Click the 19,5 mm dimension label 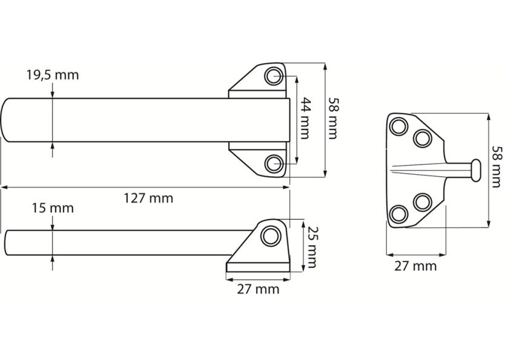pyautogui.click(x=52, y=76)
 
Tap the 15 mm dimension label pyautogui.click(x=52, y=208)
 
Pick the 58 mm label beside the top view pyautogui.click(x=332, y=118)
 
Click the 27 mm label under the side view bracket pyautogui.click(x=258, y=289)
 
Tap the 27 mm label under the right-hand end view pyautogui.click(x=415, y=266)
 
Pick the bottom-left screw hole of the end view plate pyautogui.click(x=399, y=213)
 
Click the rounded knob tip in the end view pyautogui.click(x=476, y=169)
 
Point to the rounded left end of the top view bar pyautogui.click(x=7, y=120)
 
